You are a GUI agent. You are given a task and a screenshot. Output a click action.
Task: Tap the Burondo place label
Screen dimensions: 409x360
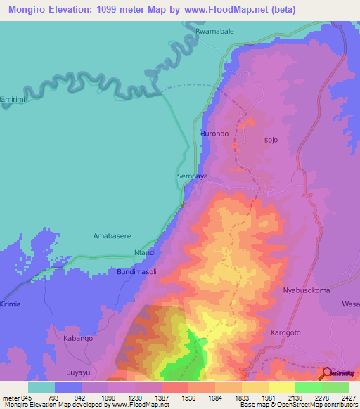pos(215,133)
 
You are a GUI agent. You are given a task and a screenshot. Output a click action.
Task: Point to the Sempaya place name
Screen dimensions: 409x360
pos(191,177)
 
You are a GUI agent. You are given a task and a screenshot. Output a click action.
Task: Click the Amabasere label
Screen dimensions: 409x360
pos(113,236)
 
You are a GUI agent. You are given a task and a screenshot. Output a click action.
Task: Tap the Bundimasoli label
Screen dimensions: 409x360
pos(136,271)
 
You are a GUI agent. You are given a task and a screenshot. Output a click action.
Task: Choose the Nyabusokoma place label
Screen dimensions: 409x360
pos(306,290)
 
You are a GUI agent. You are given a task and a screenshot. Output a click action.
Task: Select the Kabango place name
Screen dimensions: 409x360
pos(78,338)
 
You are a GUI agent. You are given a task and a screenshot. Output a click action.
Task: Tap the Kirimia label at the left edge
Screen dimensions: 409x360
pos(11,304)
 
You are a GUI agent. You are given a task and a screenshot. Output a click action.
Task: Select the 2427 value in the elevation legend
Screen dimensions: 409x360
pos(340,396)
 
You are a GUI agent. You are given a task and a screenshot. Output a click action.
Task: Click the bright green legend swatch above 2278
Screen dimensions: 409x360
pos(308,387)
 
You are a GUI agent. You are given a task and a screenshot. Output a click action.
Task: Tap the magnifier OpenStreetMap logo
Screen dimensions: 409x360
pos(326,373)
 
